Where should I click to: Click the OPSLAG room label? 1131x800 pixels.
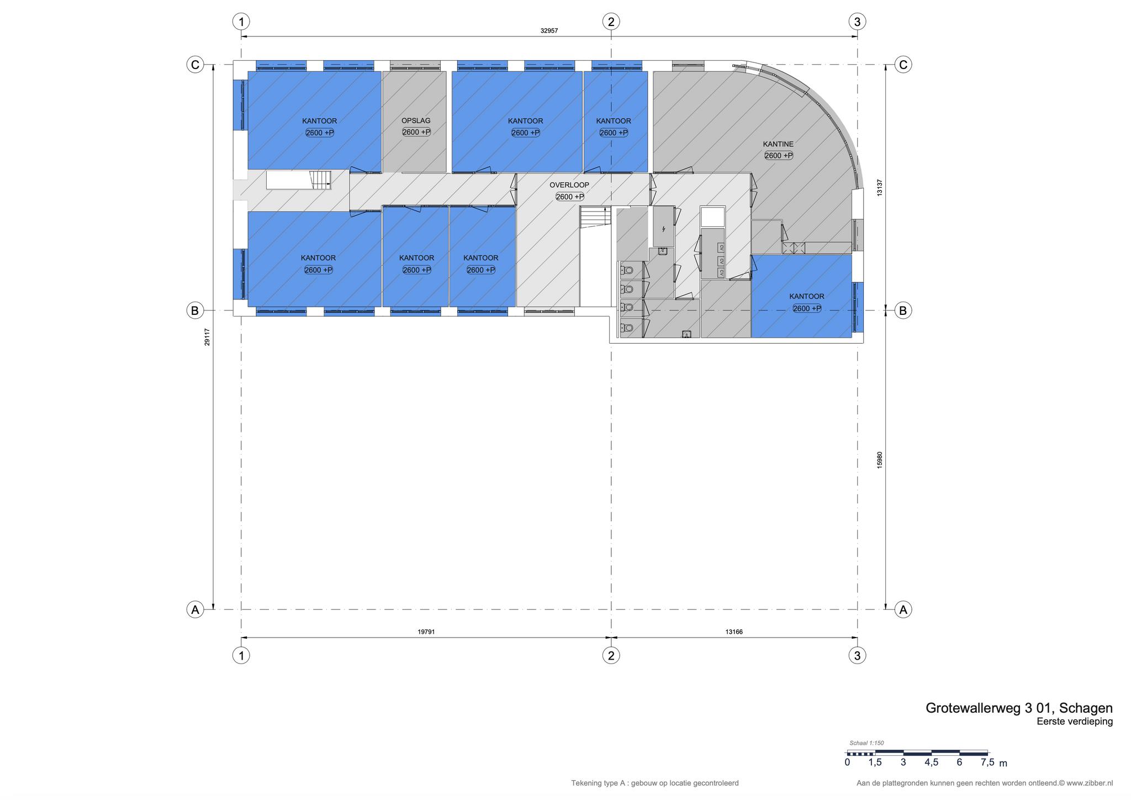[416, 120]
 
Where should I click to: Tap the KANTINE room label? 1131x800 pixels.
[778, 144]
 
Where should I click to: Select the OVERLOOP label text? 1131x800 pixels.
[569, 185]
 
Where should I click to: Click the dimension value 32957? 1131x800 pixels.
[549, 31]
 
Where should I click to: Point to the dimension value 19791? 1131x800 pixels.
[426, 631]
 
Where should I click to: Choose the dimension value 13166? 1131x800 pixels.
[734, 631]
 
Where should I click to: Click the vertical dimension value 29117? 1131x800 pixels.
[207, 337]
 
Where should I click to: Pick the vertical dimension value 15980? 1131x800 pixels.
[880, 460]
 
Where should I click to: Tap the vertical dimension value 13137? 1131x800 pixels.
[880, 188]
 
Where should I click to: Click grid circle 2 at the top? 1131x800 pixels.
[611, 22]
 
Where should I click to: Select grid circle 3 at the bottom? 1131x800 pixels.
[857, 655]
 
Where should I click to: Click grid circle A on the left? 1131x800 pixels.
[194, 609]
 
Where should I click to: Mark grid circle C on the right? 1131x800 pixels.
[903, 65]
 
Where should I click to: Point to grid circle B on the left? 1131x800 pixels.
[194, 310]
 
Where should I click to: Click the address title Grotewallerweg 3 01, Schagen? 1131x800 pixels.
[1019, 708]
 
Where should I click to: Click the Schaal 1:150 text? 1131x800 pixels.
[866, 743]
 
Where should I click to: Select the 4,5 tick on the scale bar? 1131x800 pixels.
[931, 762]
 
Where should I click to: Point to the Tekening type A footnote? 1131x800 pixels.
[655, 783]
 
